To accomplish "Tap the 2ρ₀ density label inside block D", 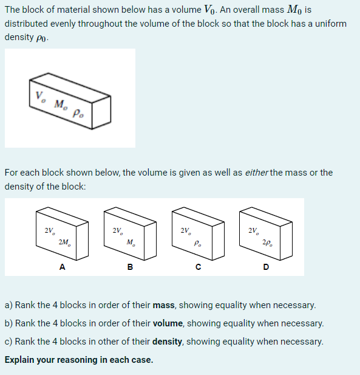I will pos(267,242).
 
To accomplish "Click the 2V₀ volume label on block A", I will pos(49,230).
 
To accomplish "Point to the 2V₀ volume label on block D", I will pos(253,230).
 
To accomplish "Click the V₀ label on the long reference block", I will pos(40,95).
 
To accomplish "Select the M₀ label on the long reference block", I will pos(60,104).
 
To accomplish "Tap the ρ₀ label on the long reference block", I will pos(78,112).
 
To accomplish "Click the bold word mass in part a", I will pos(163,304).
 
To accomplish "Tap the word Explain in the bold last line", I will pos(21,359).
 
